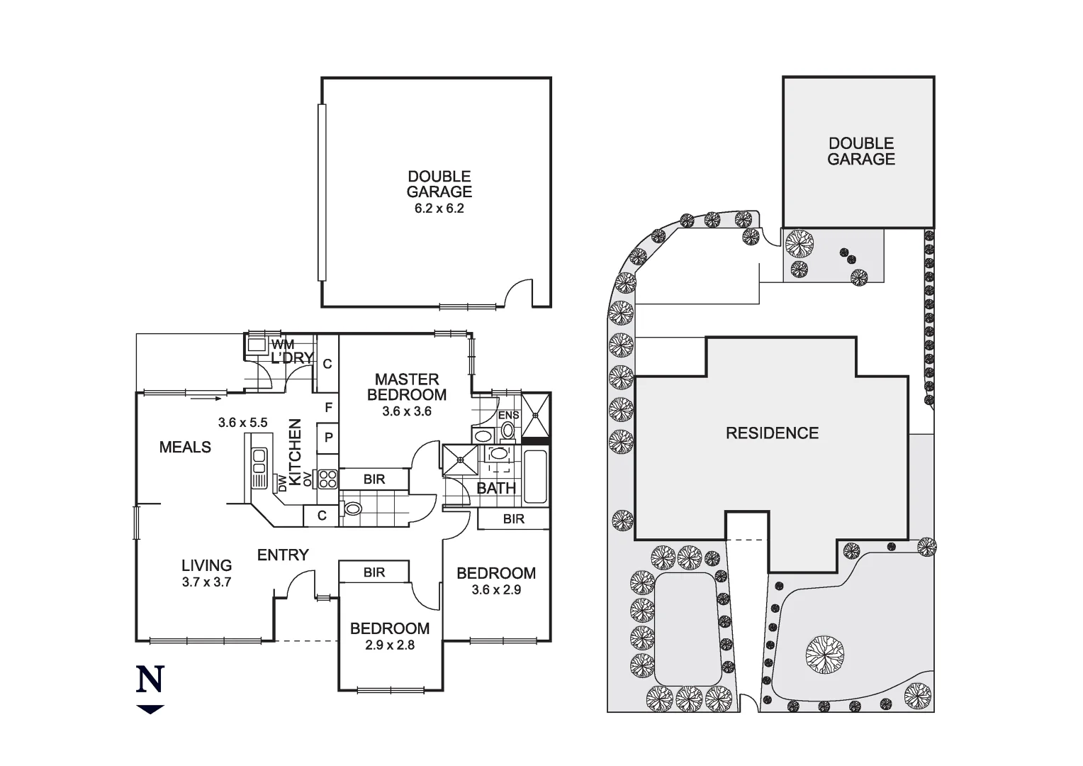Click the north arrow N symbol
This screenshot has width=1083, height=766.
(150, 679)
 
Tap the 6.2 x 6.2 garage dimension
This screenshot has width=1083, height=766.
(439, 209)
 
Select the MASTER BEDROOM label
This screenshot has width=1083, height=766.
(407, 387)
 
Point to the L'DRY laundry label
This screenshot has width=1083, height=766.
(291, 358)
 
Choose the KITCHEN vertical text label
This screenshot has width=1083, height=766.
(296, 451)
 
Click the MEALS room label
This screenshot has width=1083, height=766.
(185, 447)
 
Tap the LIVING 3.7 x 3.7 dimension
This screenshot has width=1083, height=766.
(206, 582)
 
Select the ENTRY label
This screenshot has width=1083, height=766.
(283, 555)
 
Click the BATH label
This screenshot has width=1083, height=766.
(496, 488)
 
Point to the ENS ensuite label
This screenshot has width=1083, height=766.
(508, 415)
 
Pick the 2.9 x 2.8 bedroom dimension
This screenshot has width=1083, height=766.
(390, 645)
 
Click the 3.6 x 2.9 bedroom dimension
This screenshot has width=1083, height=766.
(496, 589)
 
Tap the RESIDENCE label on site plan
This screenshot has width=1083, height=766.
(772, 433)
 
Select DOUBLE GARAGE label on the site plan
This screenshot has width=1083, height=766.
(861, 151)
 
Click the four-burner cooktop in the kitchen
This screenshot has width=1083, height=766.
(327, 479)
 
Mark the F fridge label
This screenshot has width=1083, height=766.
(328, 408)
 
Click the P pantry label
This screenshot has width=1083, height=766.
(328, 438)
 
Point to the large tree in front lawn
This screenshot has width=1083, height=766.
(824, 653)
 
